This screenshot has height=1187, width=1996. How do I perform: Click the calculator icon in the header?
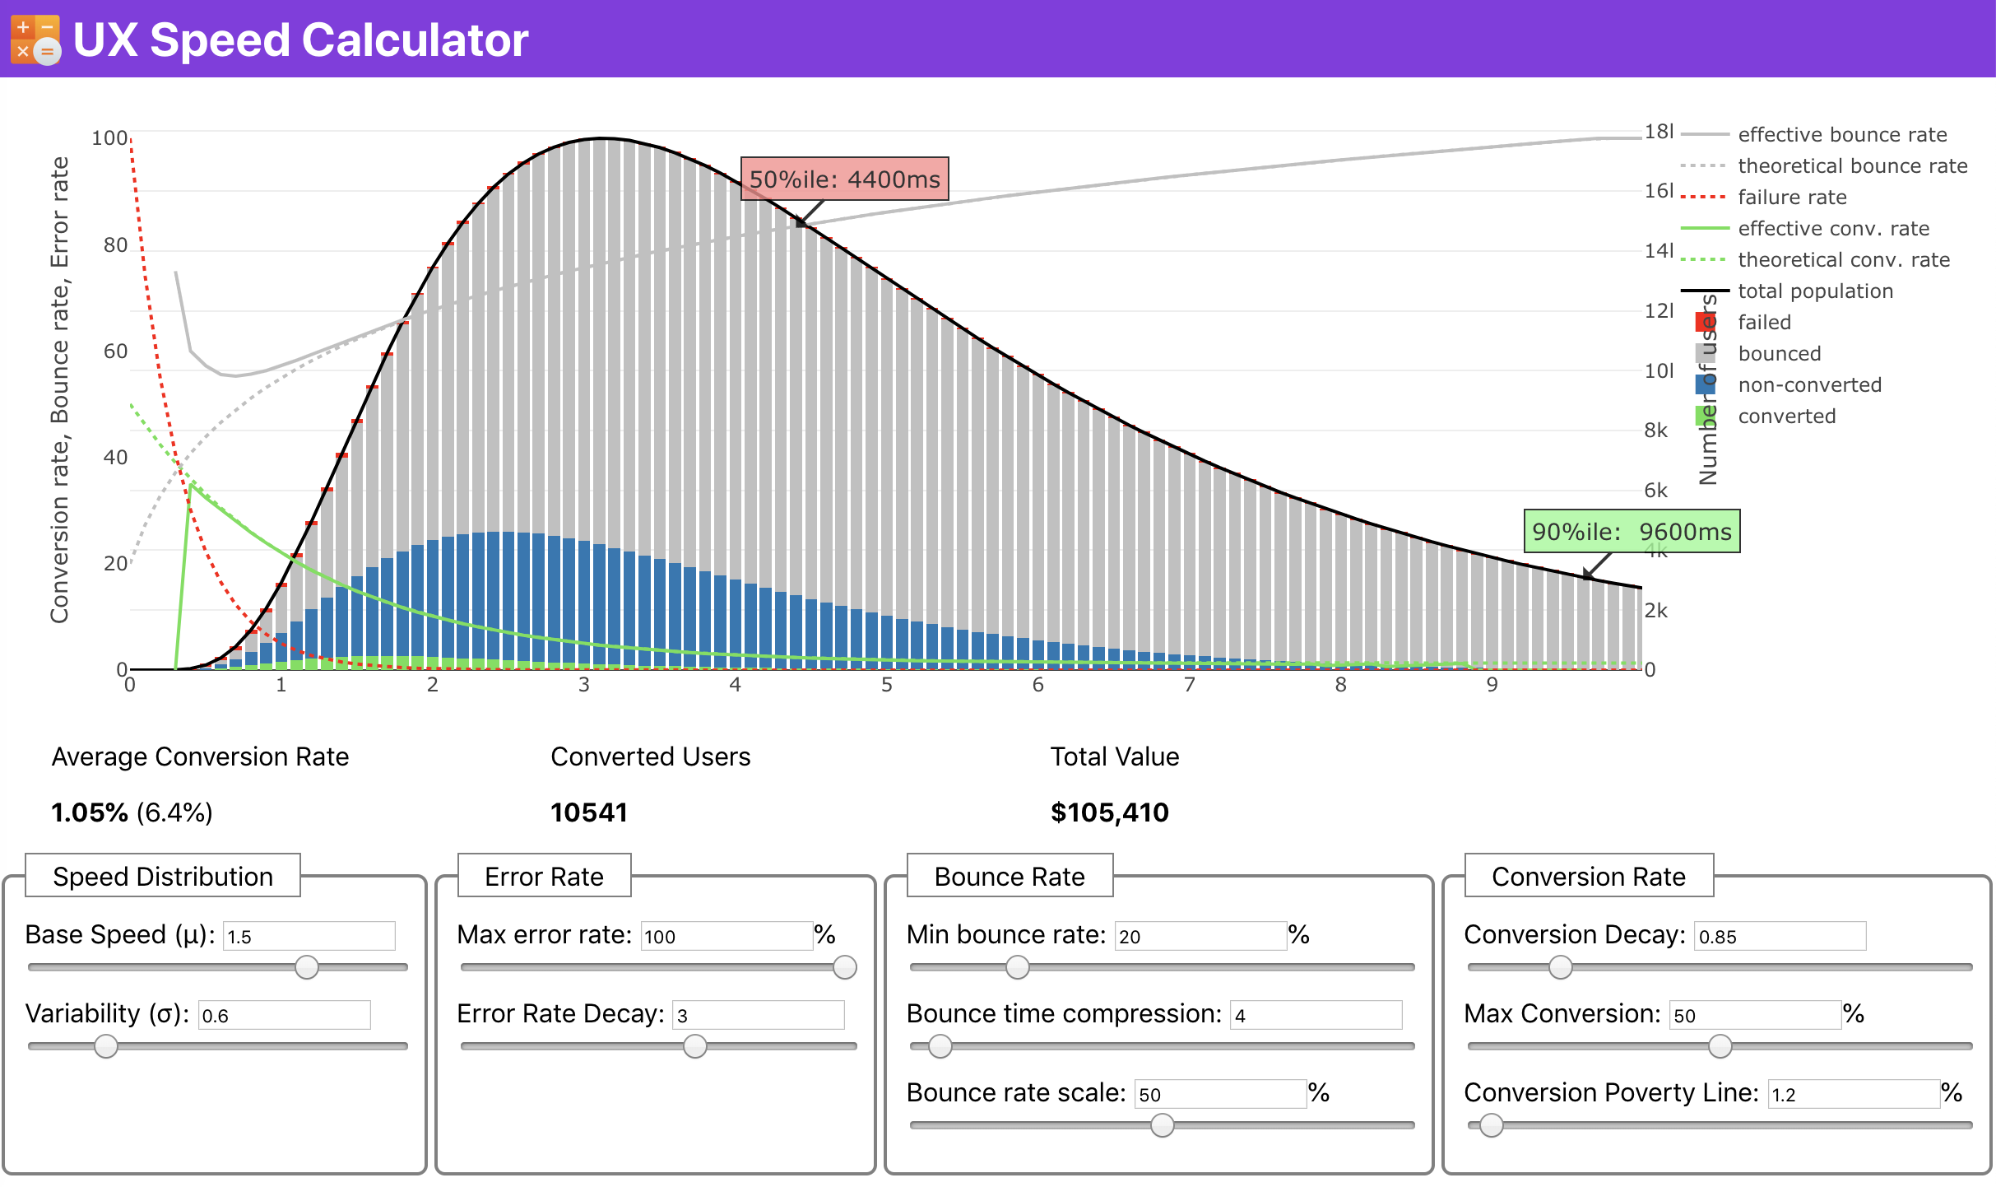tap(35, 40)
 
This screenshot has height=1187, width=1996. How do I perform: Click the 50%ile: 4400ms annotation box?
tap(844, 179)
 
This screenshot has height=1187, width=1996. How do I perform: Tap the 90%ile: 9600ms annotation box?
tap(1632, 531)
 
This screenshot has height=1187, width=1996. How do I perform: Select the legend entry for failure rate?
tap(1792, 197)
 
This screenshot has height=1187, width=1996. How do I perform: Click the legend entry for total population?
tap(1815, 291)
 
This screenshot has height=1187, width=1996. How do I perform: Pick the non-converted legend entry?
tap(1809, 384)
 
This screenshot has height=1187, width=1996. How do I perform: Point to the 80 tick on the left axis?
tap(115, 244)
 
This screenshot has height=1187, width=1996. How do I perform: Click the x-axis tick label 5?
tap(886, 685)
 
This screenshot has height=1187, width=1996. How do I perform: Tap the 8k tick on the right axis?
tap(1655, 431)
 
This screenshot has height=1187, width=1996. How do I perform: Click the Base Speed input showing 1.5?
tap(309, 936)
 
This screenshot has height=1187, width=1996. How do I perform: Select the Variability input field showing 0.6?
tap(284, 1015)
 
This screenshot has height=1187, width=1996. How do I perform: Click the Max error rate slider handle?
tap(844, 967)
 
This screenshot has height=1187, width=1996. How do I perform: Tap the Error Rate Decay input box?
tap(757, 1015)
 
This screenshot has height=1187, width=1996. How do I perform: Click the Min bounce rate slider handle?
tap(1018, 967)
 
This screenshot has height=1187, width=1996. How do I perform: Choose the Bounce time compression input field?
tap(1315, 1015)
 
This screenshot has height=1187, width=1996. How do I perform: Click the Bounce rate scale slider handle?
tap(1162, 1125)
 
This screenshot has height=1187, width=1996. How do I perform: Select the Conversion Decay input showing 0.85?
tap(1779, 936)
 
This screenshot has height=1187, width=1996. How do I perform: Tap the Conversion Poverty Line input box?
tap(1853, 1094)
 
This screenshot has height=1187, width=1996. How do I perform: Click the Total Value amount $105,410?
tap(1109, 812)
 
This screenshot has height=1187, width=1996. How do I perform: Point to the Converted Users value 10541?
tap(588, 812)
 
